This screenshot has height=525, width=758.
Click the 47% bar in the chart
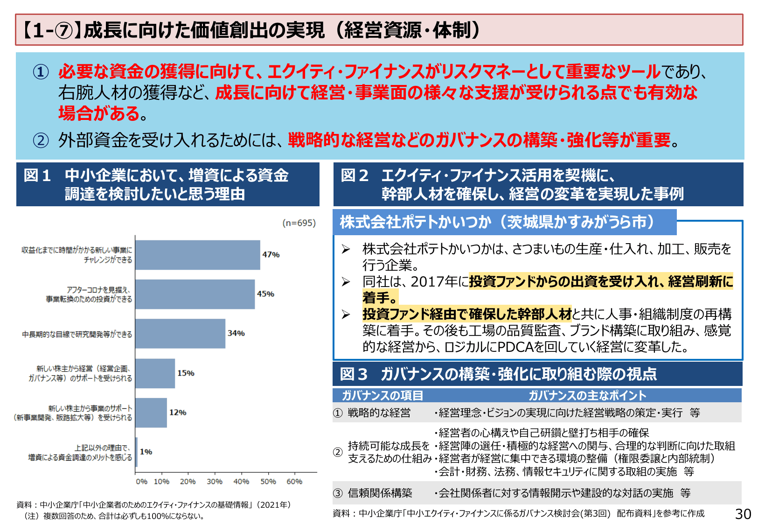197,255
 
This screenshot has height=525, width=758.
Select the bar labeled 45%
195,294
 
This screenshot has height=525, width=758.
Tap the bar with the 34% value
180,333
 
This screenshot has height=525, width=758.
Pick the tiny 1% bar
136,452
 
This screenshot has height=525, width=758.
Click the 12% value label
178,413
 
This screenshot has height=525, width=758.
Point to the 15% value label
186,373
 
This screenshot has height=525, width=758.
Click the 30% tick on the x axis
215,482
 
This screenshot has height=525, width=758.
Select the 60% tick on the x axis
294,482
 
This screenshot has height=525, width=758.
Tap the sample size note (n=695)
299,223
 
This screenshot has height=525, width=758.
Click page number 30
743,514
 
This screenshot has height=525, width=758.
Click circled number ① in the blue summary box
41,72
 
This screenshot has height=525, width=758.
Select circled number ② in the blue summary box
41,140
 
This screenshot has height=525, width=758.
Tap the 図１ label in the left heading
37,175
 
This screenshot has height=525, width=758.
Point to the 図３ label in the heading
354,374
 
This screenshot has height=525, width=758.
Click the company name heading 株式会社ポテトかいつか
415,222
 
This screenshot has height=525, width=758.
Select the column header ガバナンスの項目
382,396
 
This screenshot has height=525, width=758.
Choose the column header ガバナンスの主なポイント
587,396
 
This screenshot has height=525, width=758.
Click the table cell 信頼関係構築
380,493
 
